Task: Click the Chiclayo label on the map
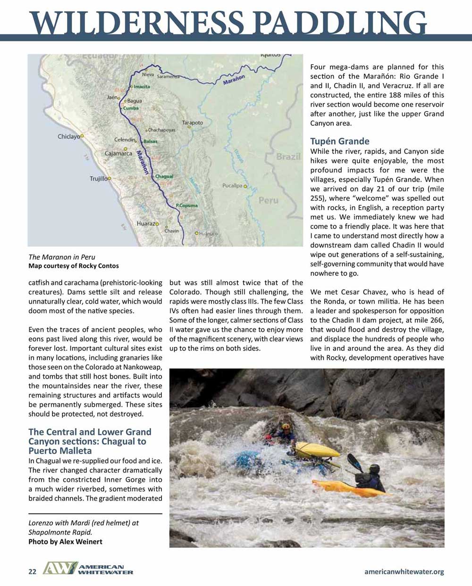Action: point(69,136)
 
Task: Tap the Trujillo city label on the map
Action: point(99,179)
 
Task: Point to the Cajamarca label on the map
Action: point(118,153)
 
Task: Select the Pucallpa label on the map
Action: point(232,186)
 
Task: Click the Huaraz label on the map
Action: point(146,223)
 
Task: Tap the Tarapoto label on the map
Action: point(193,123)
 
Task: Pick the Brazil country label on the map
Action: point(288,157)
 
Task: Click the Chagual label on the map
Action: point(164,176)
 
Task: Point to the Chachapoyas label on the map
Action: point(161,130)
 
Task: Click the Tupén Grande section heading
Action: point(340,141)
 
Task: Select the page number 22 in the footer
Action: point(32,572)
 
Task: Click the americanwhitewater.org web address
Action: point(404,572)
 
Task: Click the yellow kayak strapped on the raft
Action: point(317,450)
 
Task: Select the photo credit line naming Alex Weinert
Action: point(65,542)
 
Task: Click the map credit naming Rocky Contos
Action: point(74,266)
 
